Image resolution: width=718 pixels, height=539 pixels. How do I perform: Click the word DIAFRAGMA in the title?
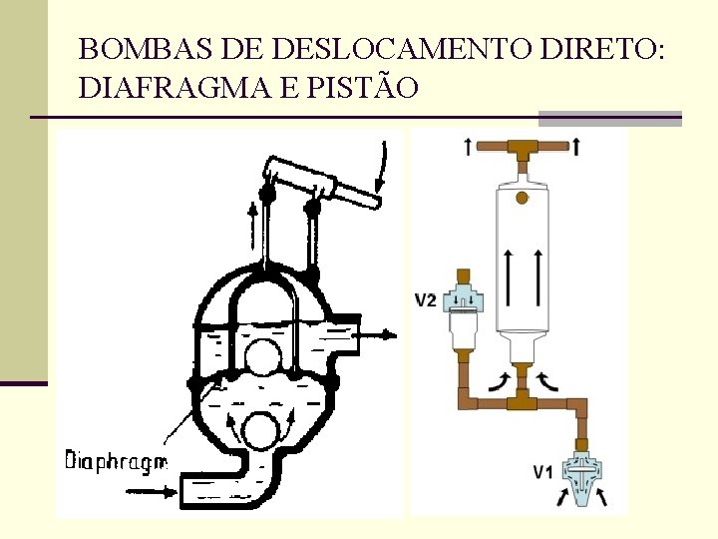pyautogui.click(x=159, y=89)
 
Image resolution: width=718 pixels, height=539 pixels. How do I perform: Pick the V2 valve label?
pyautogui.click(x=426, y=299)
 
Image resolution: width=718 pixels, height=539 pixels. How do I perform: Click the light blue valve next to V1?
pyautogui.click(x=579, y=469)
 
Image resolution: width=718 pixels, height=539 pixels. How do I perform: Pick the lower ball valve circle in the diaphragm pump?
pyautogui.click(x=261, y=432)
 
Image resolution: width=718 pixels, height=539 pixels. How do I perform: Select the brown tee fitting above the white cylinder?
pyautogui.click(x=521, y=150)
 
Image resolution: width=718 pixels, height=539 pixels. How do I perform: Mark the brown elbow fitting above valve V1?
pyautogui.click(x=578, y=405)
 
